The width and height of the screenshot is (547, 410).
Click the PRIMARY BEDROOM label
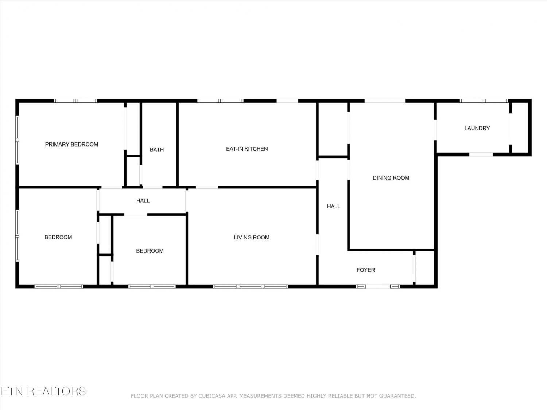point(71,144)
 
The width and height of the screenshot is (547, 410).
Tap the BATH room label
point(157,150)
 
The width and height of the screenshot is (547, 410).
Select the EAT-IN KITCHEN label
point(247,149)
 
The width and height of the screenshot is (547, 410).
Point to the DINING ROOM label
point(391,178)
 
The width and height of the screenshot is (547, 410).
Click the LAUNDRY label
point(477,128)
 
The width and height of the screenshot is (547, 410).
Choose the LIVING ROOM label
point(252,238)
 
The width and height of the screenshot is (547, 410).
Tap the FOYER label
point(366,270)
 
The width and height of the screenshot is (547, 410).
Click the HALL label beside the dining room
point(333,206)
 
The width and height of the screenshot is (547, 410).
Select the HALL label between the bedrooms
point(143,201)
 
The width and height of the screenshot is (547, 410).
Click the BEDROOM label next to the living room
point(150,251)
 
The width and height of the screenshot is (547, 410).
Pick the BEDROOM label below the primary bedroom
point(58,237)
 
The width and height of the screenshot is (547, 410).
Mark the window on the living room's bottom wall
point(251,286)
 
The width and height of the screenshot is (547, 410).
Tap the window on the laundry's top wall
point(484,101)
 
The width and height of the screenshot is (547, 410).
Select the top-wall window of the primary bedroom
point(75,101)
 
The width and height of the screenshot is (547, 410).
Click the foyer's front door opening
point(378,286)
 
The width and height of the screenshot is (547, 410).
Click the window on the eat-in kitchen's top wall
point(220,101)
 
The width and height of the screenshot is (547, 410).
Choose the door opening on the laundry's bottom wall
point(481,155)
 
